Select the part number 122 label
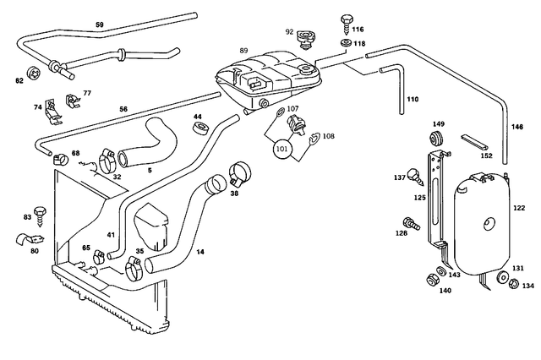[518, 207]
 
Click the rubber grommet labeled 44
[202, 129]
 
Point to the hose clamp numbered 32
[107, 160]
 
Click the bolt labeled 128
[411, 224]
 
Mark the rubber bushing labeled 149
[439, 138]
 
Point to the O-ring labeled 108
[314, 139]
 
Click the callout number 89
[244, 52]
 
